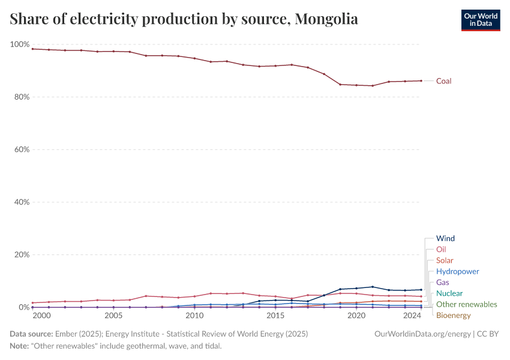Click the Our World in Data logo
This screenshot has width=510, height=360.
(480, 20)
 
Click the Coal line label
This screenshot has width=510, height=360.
(443, 81)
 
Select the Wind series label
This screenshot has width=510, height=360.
(445, 238)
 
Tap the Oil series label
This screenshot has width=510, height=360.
(441, 249)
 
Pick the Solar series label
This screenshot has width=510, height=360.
(445, 260)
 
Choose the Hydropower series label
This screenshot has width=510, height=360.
(457, 271)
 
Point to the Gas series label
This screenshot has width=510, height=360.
(442, 282)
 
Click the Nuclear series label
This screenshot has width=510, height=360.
(449, 293)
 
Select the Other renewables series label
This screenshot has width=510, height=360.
(466, 304)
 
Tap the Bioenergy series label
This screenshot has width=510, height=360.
(453, 315)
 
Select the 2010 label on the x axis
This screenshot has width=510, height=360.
(194, 316)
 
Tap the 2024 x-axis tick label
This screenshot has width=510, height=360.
(412, 316)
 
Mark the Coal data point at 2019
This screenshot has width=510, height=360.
(340, 84)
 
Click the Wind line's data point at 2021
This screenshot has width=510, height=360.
(373, 287)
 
